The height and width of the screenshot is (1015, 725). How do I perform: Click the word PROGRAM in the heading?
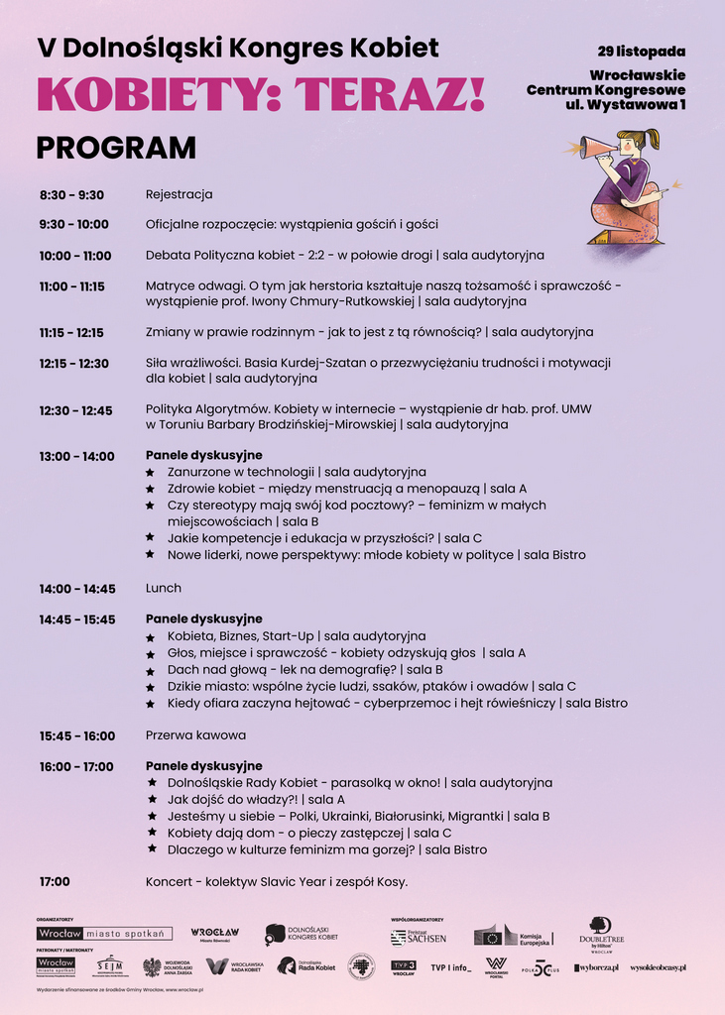point(116,148)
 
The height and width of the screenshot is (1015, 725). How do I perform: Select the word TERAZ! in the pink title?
point(400,94)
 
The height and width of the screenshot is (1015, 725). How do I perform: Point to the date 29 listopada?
point(642,51)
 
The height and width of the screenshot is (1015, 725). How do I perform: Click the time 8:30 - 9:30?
point(71,195)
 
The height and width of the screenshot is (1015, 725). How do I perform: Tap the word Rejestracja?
point(179,195)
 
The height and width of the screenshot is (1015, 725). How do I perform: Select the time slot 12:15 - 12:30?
point(74,364)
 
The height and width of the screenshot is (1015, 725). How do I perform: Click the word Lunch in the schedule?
point(164,589)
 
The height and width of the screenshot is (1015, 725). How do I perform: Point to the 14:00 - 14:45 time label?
point(77,589)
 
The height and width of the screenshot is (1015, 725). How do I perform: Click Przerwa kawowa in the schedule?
point(195,735)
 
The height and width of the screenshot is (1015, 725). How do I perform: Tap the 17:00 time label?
point(55,881)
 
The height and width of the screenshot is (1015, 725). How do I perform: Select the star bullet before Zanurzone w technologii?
point(151,473)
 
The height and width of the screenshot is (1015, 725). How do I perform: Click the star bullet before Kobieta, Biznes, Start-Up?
point(151,636)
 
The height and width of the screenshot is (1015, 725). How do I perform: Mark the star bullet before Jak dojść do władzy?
point(151,800)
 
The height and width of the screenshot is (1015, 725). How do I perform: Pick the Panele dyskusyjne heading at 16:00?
point(203,766)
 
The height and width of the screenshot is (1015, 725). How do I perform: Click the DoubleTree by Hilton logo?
point(601,933)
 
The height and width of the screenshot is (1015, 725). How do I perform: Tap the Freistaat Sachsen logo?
point(419,937)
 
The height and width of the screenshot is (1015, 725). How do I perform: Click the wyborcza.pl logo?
point(596,967)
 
